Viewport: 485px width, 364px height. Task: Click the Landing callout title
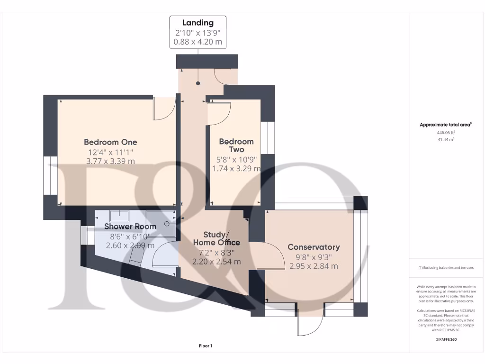click(198, 23)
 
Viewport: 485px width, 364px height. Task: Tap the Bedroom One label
click(110, 142)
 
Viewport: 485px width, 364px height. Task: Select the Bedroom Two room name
click(236, 146)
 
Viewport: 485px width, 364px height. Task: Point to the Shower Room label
click(130, 226)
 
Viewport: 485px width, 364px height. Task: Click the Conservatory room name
click(314, 247)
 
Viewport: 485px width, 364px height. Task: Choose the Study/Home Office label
click(216, 238)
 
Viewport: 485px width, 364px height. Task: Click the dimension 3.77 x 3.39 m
click(110, 161)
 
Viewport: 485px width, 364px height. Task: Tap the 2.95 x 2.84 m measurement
click(314, 266)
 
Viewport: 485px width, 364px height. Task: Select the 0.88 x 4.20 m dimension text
click(198, 42)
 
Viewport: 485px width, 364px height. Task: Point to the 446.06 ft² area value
click(446, 133)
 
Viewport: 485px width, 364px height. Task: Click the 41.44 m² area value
click(446, 140)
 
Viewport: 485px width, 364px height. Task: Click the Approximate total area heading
click(446, 125)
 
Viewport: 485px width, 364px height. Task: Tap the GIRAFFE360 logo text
click(446, 339)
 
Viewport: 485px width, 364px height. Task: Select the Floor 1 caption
click(206, 346)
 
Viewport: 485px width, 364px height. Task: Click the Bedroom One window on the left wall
click(50, 175)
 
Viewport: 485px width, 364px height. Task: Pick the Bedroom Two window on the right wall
click(268, 138)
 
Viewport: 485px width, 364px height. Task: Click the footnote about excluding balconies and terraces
click(446, 268)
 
